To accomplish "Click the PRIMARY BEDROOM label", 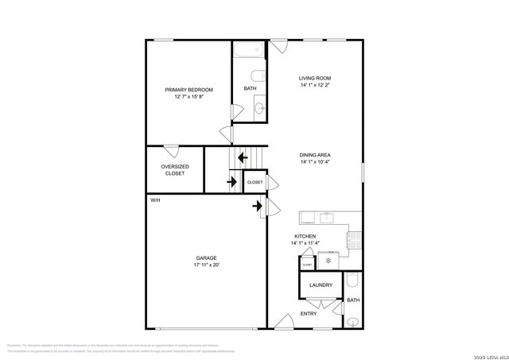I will click(x=189, y=90).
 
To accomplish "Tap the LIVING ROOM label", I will click(x=315, y=78).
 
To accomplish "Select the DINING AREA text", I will click(x=315, y=154).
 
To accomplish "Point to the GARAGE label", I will click(x=207, y=257).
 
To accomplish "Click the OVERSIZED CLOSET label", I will click(x=174, y=170).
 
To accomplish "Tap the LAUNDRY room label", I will click(x=321, y=285).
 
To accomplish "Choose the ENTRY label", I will click(x=309, y=314).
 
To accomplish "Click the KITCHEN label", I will click(x=305, y=237).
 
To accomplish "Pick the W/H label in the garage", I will click(x=155, y=199).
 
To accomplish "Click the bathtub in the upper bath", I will click(x=250, y=52).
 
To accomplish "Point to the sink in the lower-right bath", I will click(x=354, y=321).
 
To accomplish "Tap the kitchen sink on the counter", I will click(x=326, y=217).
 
